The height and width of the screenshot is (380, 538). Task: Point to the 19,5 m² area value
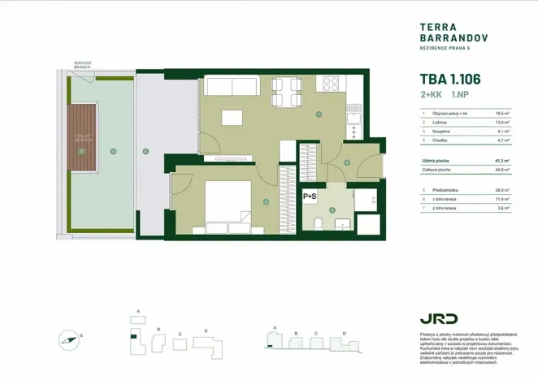click(501, 114)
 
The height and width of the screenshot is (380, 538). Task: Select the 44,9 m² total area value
click(501, 170)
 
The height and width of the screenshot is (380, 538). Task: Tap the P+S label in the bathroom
click(310, 196)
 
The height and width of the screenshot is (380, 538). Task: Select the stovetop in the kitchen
click(332, 83)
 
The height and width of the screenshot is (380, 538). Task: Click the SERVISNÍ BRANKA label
click(82, 65)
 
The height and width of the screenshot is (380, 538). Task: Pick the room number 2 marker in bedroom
click(266, 201)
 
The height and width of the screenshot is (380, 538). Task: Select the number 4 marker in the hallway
click(347, 162)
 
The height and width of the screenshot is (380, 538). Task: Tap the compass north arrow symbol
click(71, 339)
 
